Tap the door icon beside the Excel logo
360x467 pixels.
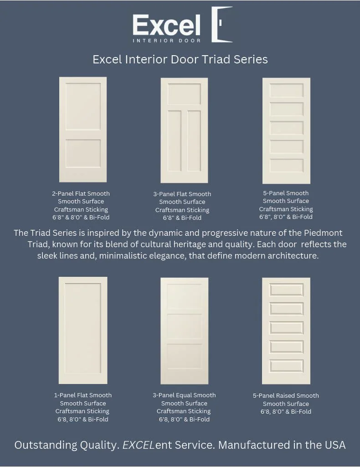[x=222, y=25]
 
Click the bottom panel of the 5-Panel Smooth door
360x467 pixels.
[x=286, y=166]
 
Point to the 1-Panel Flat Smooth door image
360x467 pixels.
[x=83, y=330]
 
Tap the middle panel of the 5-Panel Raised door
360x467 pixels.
[x=286, y=328]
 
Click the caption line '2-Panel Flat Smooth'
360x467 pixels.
[x=81, y=193]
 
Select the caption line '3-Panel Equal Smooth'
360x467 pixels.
[x=184, y=395]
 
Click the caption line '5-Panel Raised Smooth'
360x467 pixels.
[x=286, y=396]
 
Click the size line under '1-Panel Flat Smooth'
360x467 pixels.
[x=82, y=420]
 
